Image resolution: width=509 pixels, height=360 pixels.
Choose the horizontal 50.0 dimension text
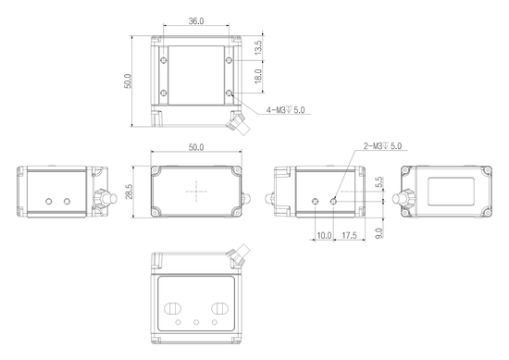pos(196,147)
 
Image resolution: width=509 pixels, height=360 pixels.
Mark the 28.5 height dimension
pos(130,191)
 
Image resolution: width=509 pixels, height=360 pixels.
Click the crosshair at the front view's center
pos(197,192)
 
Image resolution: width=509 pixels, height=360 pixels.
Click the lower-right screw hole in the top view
pos(230,94)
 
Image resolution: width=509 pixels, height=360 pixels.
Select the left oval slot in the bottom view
pos(172,307)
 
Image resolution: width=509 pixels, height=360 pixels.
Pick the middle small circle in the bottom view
pos(196,323)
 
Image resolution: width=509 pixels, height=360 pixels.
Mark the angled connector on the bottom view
pos(239,252)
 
